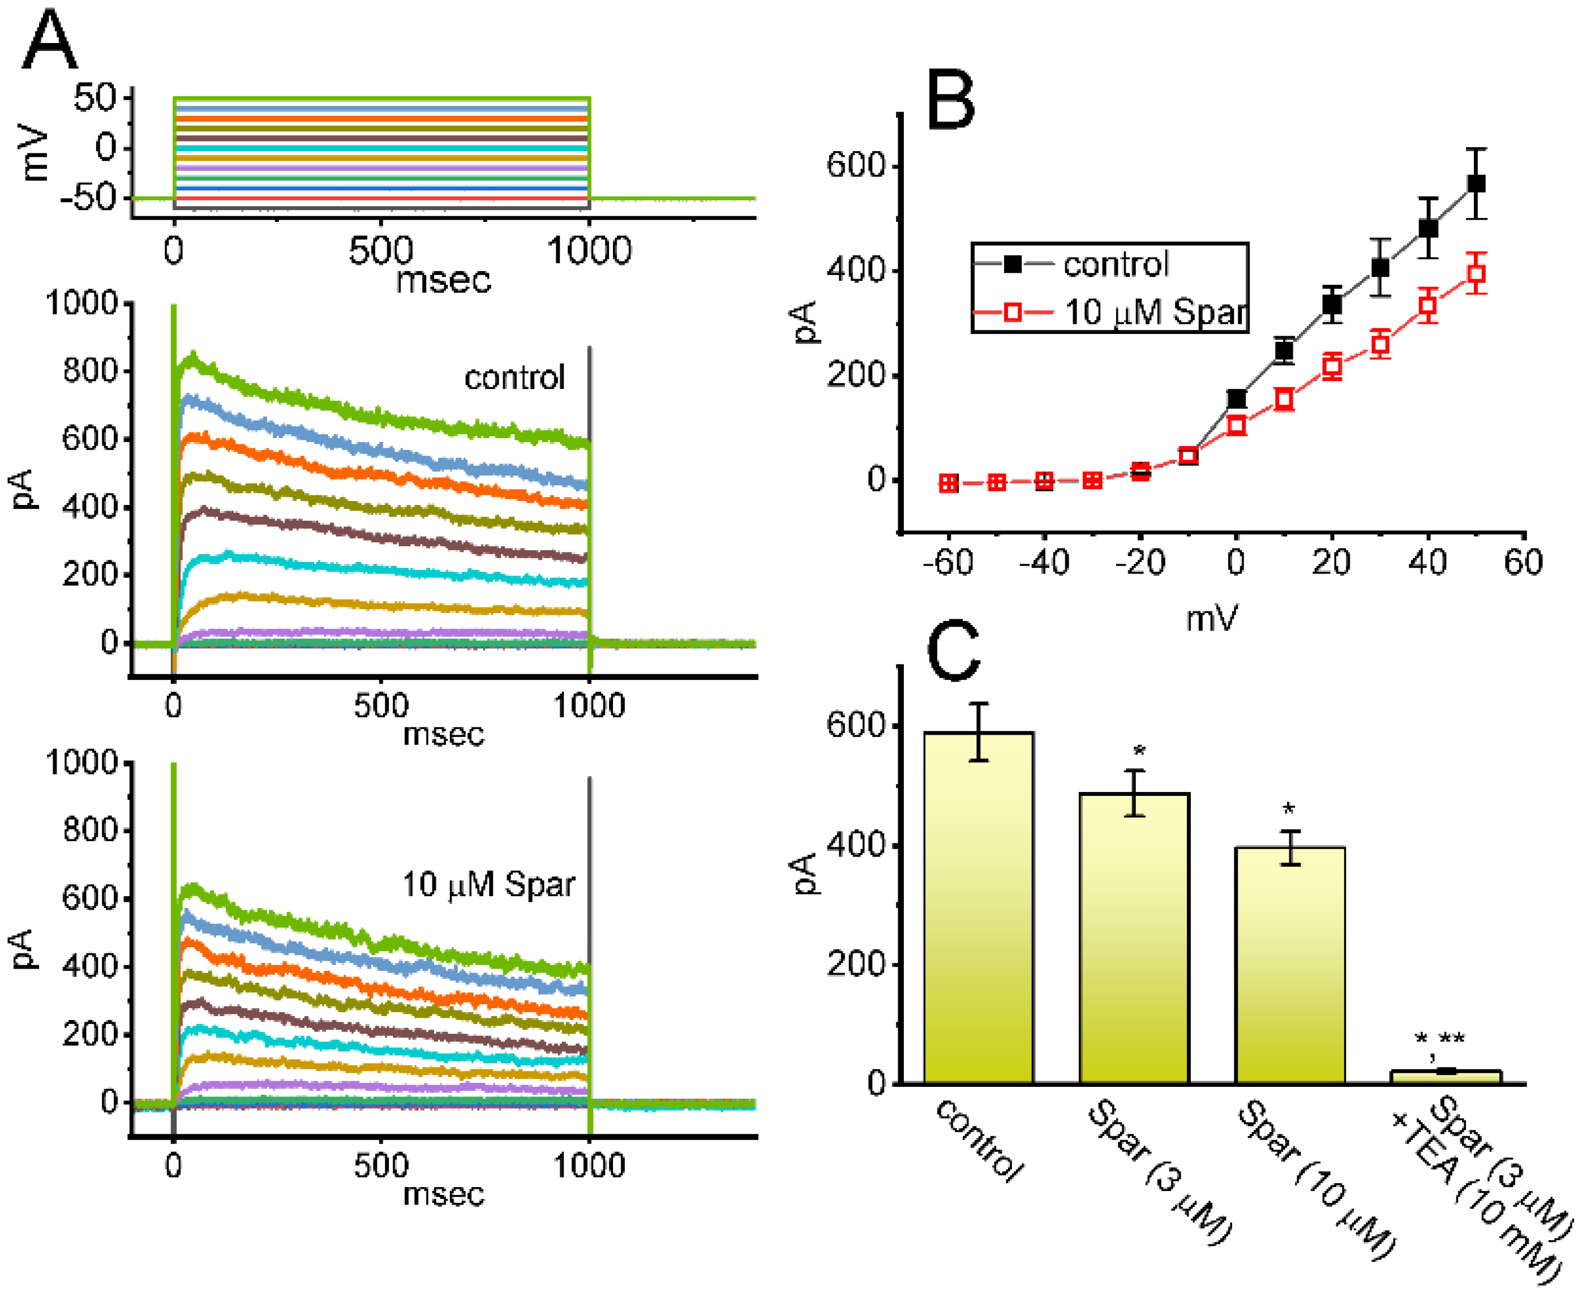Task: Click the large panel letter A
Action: (x=49, y=42)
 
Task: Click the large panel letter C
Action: (x=953, y=650)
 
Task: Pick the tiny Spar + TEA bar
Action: (x=1446, y=1076)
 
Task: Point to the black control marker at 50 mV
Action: (x=1476, y=183)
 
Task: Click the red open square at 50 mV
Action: (x=1476, y=273)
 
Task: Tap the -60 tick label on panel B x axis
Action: (x=948, y=562)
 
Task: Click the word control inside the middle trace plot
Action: (x=514, y=378)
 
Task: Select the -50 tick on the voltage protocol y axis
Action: (x=88, y=198)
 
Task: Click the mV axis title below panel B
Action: (x=1211, y=618)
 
